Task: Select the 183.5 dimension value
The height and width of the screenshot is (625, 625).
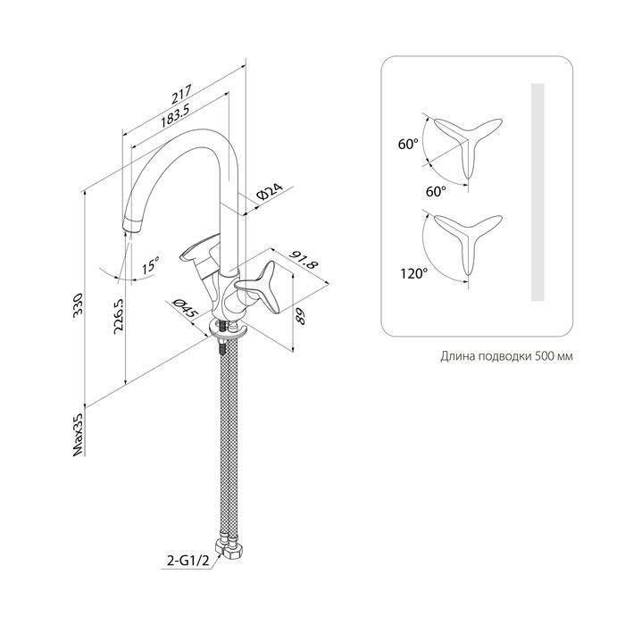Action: pyautogui.click(x=174, y=115)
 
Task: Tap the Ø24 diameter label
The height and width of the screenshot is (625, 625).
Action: pyautogui.click(x=270, y=192)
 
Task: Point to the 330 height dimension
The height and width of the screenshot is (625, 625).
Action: pyautogui.click(x=78, y=304)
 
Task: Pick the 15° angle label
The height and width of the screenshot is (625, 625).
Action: pyautogui.click(x=151, y=264)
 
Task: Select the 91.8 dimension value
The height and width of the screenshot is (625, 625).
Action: pyautogui.click(x=306, y=260)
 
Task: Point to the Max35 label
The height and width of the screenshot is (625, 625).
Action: pyautogui.click(x=79, y=434)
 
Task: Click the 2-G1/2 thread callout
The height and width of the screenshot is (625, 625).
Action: pyautogui.click(x=187, y=562)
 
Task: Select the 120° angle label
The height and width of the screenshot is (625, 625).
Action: pyautogui.click(x=414, y=273)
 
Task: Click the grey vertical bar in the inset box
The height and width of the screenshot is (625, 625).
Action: pyautogui.click(x=538, y=192)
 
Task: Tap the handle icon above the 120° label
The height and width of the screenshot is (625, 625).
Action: pyautogui.click(x=469, y=243)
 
